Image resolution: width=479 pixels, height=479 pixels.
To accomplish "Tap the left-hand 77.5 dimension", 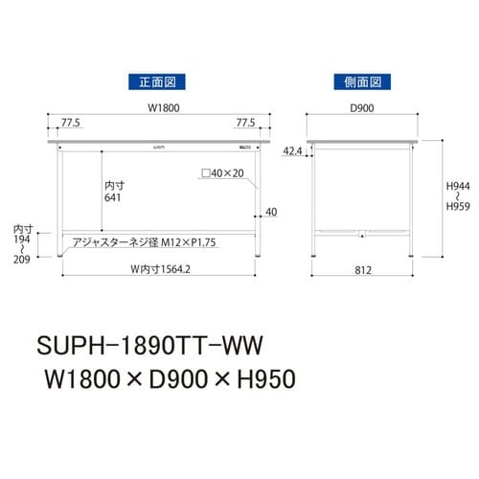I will [70, 124].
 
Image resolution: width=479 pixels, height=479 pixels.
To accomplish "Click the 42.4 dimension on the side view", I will [293, 151].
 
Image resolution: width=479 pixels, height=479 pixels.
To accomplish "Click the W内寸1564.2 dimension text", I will [158, 269].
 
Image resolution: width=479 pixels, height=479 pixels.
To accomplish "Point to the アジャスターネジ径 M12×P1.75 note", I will [148, 243].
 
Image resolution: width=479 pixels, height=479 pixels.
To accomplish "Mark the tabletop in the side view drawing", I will [360, 142].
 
